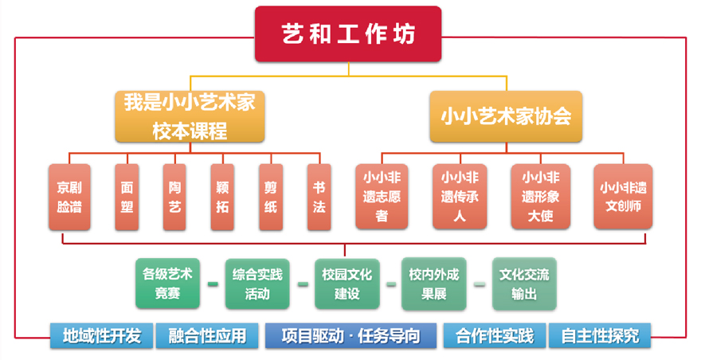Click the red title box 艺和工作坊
pyautogui.click(x=348, y=34)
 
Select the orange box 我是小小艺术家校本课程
pyautogui.click(x=190, y=116)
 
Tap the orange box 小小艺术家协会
pyautogui.click(x=506, y=116)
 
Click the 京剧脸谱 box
pyautogui.click(x=69, y=197)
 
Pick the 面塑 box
pyautogui.click(x=127, y=197)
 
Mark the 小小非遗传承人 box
pyautogui.click(x=460, y=196)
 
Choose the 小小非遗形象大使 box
pyautogui.click(x=539, y=196)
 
